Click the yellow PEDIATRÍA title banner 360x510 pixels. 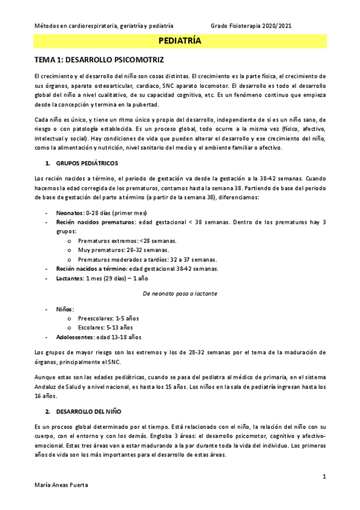(180, 41)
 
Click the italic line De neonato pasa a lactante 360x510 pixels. (180, 293)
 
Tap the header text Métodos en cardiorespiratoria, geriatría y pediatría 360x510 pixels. (104, 26)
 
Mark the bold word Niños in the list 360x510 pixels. (65, 309)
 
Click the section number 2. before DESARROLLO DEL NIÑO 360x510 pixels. (47, 412)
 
